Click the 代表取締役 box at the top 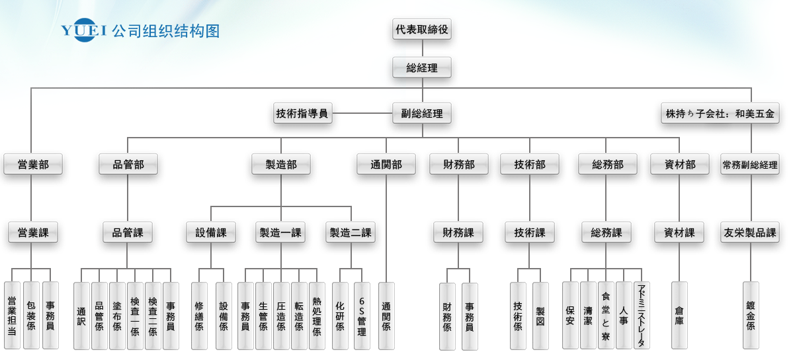(x=422, y=29)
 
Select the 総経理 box (x=422, y=68)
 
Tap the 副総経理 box (x=422, y=113)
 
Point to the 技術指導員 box (x=302, y=113)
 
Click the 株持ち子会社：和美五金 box (x=720, y=113)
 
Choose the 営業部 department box (x=33, y=165)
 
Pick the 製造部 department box (x=281, y=165)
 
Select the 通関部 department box (x=386, y=165)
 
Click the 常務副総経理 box (x=751, y=165)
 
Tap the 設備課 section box (x=211, y=232)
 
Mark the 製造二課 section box (x=351, y=232)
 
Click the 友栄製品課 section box (x=751, y=232)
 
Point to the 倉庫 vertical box (x=679, y=316)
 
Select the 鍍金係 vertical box (x=751, y=316)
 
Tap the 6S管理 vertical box (x=362, y=316)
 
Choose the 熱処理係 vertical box (x=317, y=316)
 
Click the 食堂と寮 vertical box (x=606, y=316)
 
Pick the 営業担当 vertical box (x=12, y=316)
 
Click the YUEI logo (x=84, y=30)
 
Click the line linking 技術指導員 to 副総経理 (x=362, y=113)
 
